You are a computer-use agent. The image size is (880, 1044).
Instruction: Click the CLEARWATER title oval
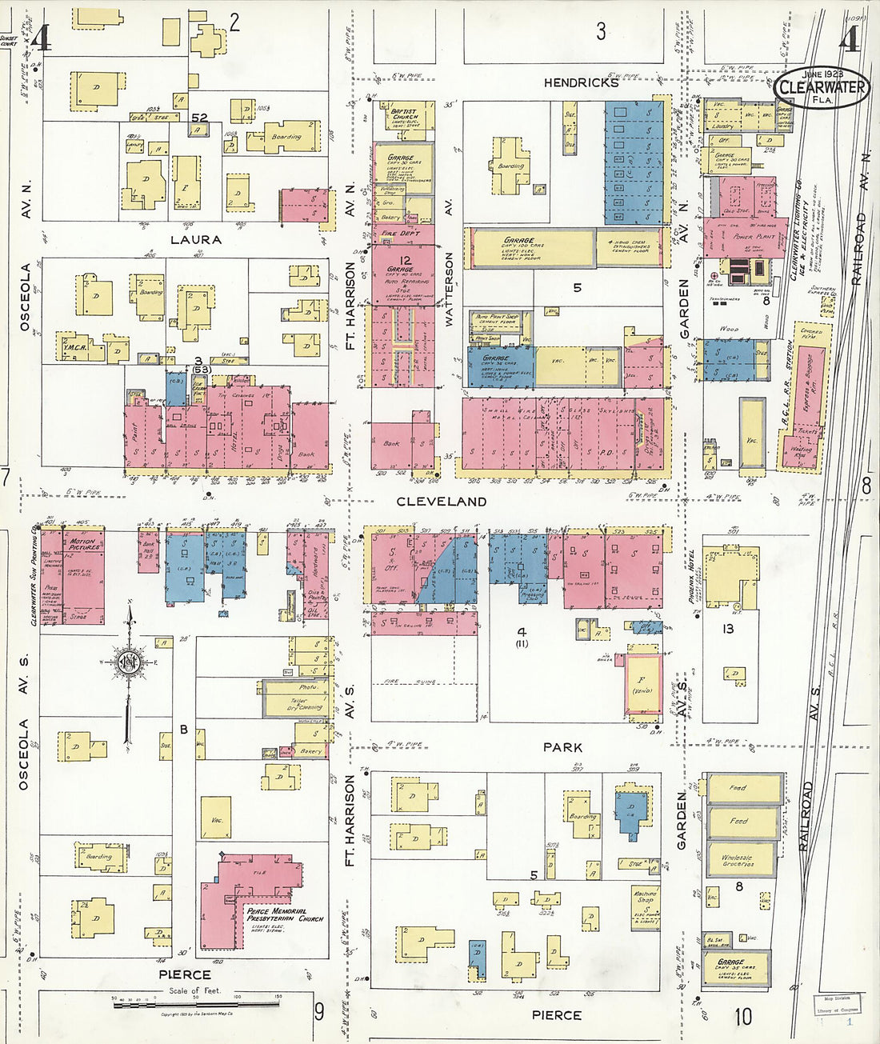point(822,87)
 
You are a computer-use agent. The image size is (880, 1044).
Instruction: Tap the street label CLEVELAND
point(441,502)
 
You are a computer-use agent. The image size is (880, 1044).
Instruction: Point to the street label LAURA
point(195,239)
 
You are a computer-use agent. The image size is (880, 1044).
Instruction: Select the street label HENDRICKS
point(581,82)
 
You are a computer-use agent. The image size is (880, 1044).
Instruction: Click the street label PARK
point(562,747)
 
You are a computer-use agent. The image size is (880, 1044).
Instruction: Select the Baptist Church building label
point(406,115)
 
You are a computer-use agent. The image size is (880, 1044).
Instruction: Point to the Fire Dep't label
point(400,233)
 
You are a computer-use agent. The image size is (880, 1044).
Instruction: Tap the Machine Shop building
point(645,898)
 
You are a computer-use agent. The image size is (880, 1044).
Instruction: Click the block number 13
point(728,629)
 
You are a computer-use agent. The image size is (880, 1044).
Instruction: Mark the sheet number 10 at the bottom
point(743,1017)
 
